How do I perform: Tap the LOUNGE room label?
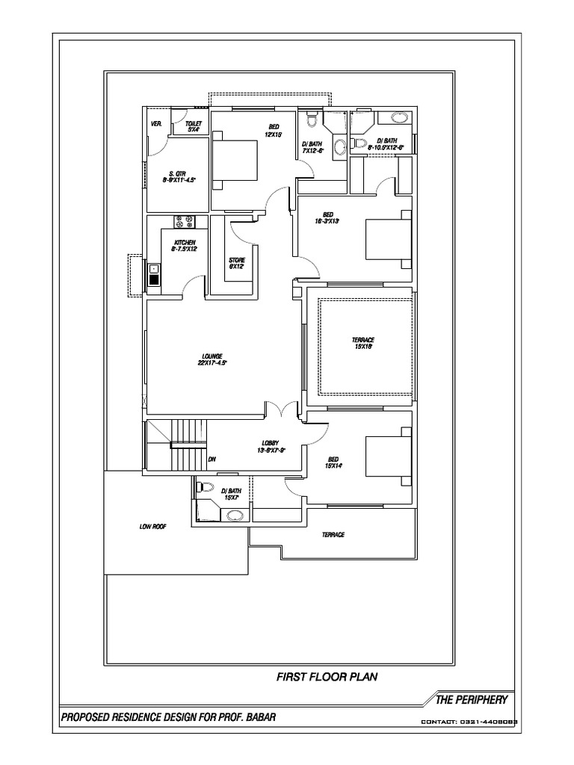point(212,359)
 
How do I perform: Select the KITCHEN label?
point(185,246)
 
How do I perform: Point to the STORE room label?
point(237,263)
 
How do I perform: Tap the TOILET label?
point(194,126)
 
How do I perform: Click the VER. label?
point(157,123)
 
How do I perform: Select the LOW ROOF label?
point(152,527)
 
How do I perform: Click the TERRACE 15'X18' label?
point(362,343)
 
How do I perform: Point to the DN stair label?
point(212,459)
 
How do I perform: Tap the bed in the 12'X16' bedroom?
point(235,158)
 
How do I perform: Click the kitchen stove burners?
point(185,222)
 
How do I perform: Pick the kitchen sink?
point(153,274)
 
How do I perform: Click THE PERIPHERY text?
point(472,700)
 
